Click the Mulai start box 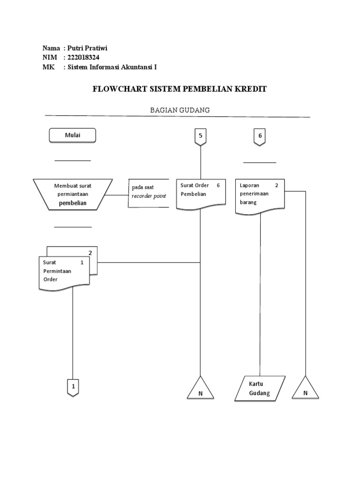73,135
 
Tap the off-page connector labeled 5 201,136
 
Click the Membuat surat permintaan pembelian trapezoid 73,194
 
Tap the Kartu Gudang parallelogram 259,389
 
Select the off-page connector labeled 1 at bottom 73,387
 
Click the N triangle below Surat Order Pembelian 201,390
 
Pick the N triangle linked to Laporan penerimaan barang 305,390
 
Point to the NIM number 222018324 83,58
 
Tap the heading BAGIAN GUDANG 180,110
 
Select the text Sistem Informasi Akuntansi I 112,67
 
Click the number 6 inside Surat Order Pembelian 218,185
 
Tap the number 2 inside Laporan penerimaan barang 277,185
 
